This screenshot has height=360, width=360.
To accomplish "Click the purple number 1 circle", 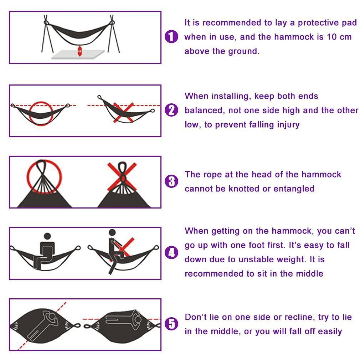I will point(171,37).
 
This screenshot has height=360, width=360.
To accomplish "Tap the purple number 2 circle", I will point(171,110).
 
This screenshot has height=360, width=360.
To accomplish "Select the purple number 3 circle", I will point(171,182).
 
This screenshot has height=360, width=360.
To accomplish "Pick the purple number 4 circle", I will point(171,253).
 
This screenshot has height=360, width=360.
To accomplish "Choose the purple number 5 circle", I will point(171,324).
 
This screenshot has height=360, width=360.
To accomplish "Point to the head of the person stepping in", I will point(112,233).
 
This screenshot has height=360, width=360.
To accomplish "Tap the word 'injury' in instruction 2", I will point(288,125).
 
